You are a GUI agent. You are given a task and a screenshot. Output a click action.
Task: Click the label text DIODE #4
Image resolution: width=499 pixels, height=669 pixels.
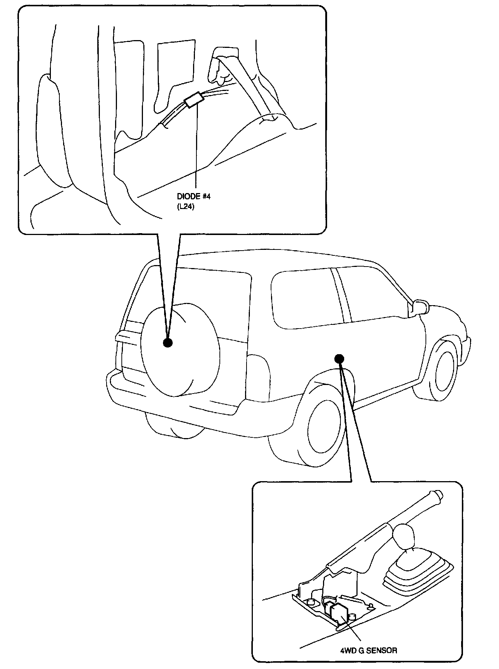[x=193, y=196]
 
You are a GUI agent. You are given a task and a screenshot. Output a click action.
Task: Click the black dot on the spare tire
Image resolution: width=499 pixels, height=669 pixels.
[x=168, y=343]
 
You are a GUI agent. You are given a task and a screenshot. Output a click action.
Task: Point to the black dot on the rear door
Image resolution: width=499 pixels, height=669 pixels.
[x=339, y=358]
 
